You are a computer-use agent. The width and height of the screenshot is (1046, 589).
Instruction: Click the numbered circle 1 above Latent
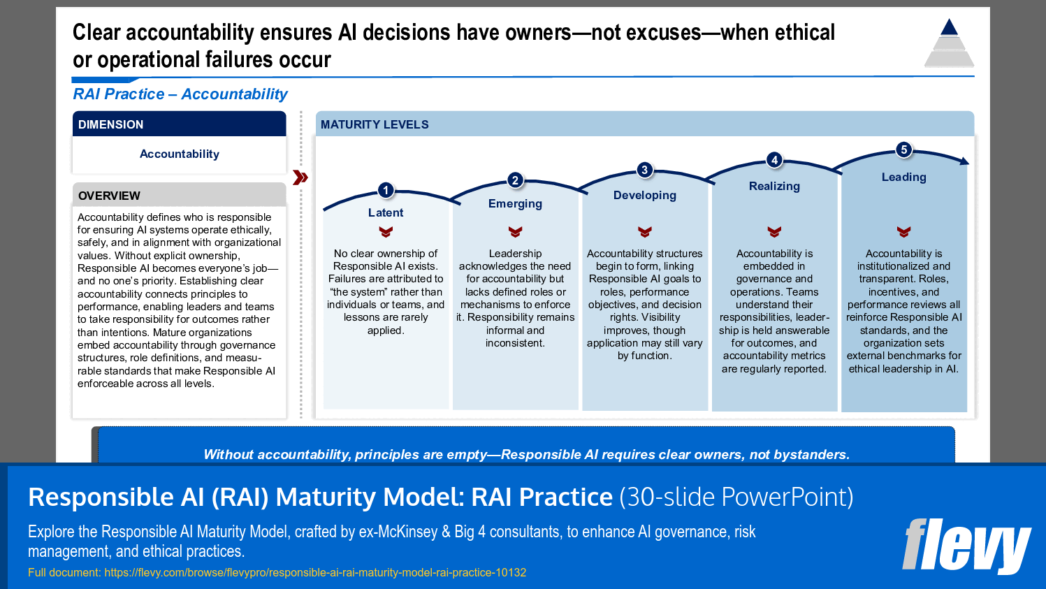point(386,190)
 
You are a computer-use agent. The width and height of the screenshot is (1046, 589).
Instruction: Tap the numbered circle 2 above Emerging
point(515,180)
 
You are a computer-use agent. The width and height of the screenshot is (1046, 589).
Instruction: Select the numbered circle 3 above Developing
point(644,170)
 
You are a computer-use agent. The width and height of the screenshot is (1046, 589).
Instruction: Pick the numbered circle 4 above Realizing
point(774,160)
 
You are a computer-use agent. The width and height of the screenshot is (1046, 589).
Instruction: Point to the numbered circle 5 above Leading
point(903,150)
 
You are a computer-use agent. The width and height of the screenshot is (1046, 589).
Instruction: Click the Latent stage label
point(386,212)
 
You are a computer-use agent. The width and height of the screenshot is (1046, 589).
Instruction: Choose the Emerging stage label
point(515,203)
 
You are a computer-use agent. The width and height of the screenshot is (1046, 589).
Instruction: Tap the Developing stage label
point(644,195)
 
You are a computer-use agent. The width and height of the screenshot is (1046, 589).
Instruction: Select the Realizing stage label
point(774,186)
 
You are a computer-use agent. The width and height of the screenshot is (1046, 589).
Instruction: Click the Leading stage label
point(903,177)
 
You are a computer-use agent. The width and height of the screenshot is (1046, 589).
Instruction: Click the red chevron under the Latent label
point(386,231)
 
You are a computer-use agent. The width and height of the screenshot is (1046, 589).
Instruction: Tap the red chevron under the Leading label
point(903,231)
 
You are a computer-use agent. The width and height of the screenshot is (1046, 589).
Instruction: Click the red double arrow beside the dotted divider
point(300,177)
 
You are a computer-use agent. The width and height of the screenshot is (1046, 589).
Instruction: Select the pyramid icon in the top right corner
point(949,43)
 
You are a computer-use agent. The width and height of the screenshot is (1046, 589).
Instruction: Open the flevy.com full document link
point(315,572)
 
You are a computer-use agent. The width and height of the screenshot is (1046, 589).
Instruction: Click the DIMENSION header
point(110,124)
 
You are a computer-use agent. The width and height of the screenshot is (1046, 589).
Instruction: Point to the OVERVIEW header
point(109,196)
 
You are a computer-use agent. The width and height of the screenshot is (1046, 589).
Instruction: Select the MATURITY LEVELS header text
point(375,124)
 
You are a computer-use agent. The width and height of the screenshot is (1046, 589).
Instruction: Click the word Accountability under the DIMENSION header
point(180,154)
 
